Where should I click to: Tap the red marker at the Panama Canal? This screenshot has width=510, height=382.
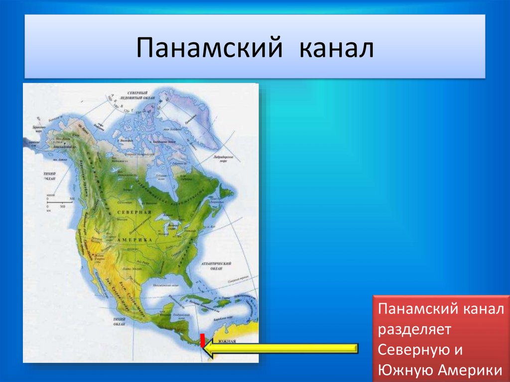tap(202, 340)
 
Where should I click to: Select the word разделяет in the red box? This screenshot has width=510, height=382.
tap(414, 330)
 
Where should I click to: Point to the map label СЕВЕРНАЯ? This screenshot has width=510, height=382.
tap(134, 212)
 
